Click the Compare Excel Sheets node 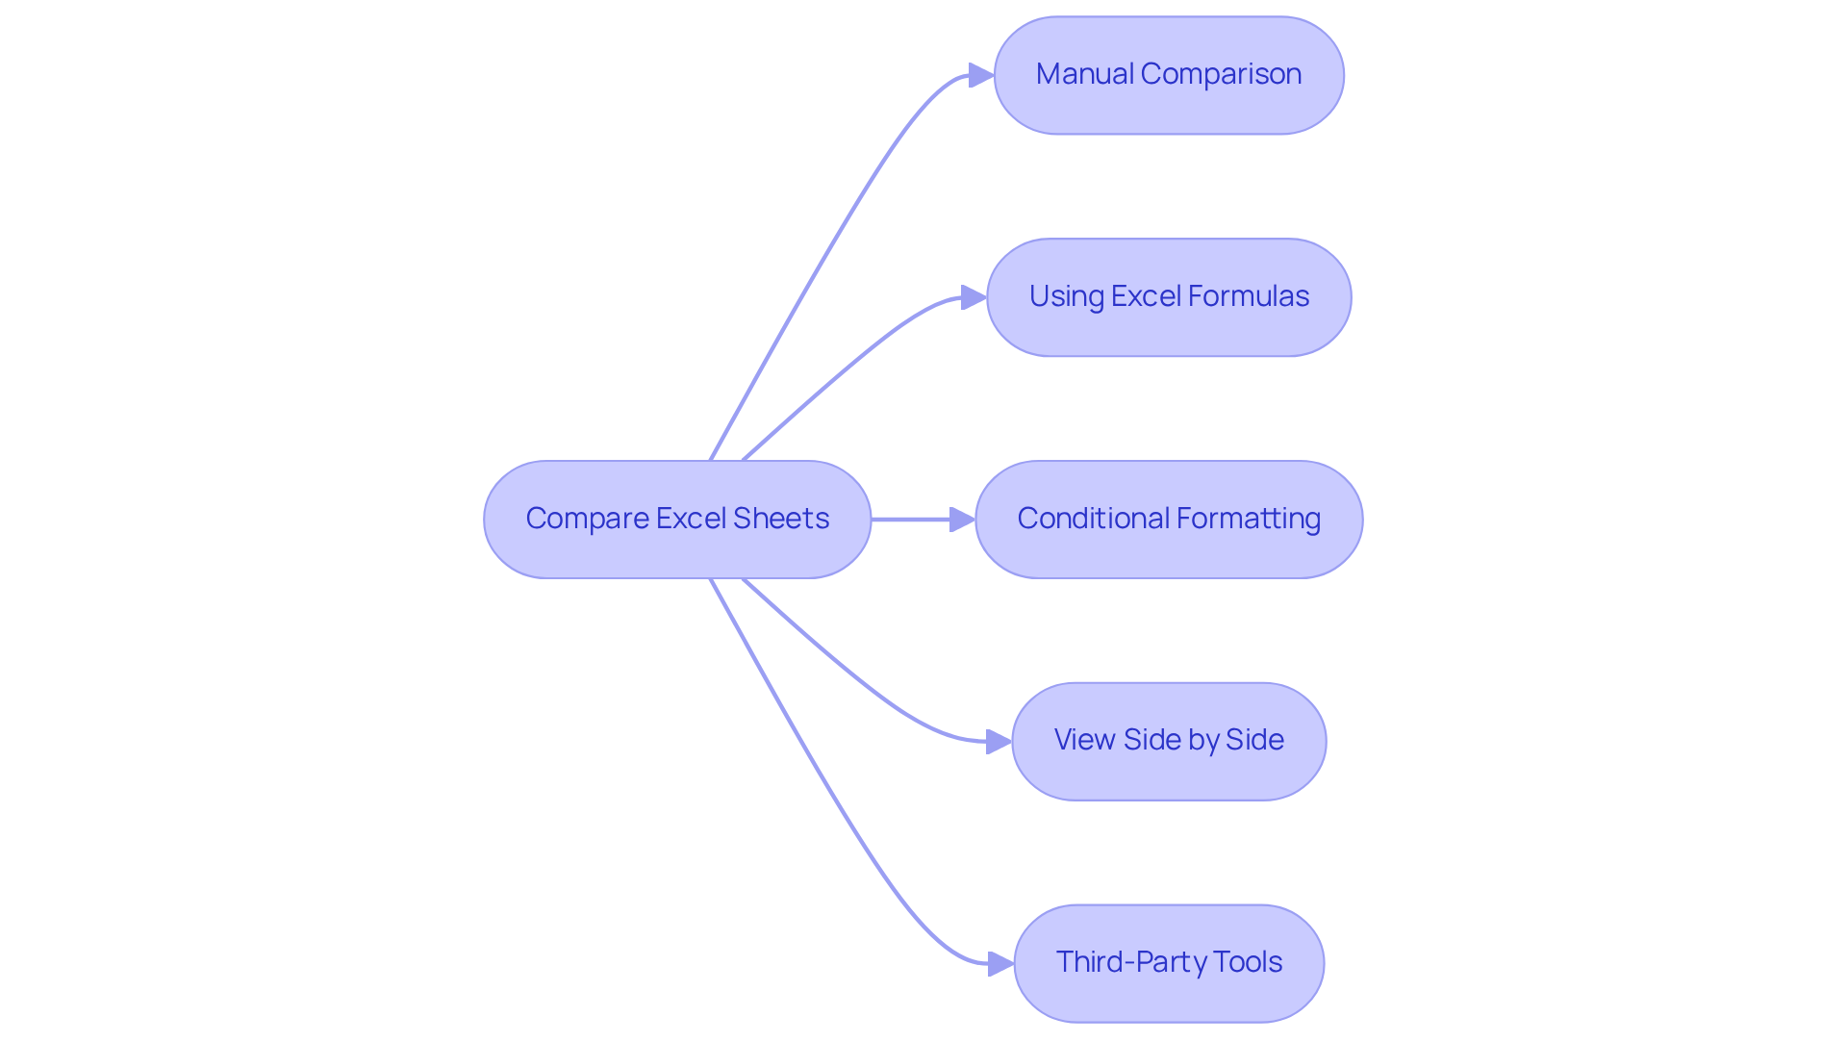pos(677,520)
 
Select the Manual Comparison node pos(1169,75)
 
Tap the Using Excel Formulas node pos(1169,297)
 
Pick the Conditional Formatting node pos(1169,520)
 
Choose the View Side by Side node pos(1169,741)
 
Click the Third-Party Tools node pos(1169,963)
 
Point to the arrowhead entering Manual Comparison pos(981,75)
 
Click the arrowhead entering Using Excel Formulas pos(974,297)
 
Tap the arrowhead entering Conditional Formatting pos(962,520)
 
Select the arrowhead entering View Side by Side pos(999,741)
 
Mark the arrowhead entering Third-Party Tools pos(1000,963)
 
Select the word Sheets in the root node pos(781,519)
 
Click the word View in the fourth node pos(1084,740)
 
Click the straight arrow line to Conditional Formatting pos(909,520)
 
